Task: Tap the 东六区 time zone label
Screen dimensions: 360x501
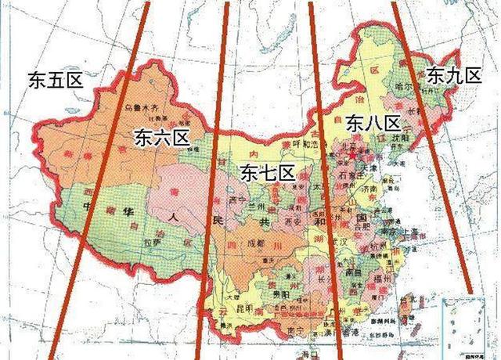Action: click(x=162, y=139)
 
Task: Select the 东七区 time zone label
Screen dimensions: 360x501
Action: click(x=267, y=172)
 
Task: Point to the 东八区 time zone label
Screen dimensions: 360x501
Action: click(x=372, y=122)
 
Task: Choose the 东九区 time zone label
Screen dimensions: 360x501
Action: click(x=453, y=76)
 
